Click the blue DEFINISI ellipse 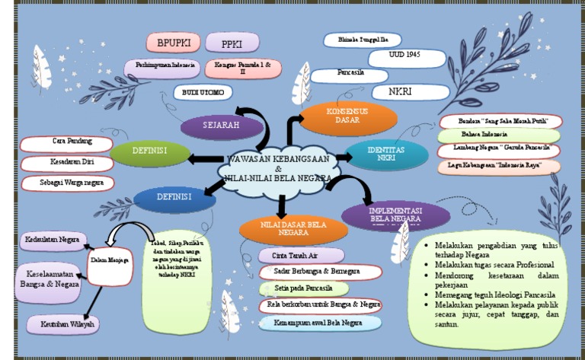coord(173,198)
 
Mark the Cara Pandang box coord(67,142)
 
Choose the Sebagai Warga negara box coord(67,183)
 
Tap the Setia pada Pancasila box coord(302,288)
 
